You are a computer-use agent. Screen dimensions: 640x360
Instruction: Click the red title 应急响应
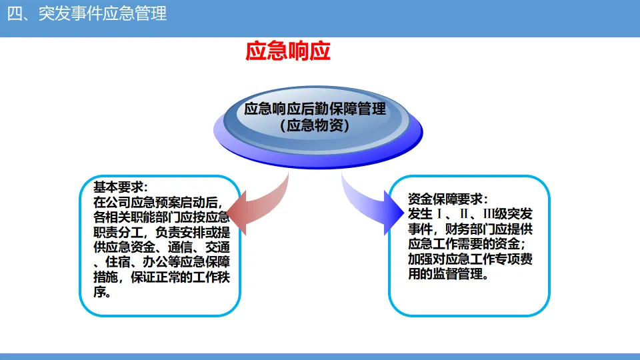[x=288, y=51]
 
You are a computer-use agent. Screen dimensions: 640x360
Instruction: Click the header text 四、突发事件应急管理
[x=87, y=14]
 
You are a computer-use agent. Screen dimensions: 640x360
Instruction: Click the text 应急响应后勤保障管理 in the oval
[x=315, y=109]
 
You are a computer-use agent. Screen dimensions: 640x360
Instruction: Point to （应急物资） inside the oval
[x=315, y=125]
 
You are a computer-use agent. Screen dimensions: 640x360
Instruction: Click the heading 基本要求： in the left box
[x=121, y=187]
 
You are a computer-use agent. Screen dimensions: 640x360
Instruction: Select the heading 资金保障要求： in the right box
[x=448, y=199]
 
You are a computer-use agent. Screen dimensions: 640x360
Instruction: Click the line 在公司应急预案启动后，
[x=159, y=202]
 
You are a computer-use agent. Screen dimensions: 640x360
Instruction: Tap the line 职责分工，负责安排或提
[x=161, y=232]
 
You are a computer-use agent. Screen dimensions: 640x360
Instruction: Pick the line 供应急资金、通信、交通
[x=161, y=247]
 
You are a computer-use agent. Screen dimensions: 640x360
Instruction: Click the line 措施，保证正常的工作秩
[x=161, y=277]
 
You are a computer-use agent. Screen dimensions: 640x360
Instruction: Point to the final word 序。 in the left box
[x=102, y=292]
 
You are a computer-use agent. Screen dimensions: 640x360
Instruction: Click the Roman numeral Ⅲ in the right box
[x=488, y=214]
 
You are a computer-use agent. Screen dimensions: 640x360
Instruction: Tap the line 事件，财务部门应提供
[x=470, y=229]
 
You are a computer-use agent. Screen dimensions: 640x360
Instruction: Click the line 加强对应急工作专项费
[x=470, y=259]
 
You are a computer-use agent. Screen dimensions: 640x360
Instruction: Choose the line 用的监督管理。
[x=449, y=274]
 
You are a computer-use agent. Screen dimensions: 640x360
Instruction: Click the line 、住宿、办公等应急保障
[x=161, y=262]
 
